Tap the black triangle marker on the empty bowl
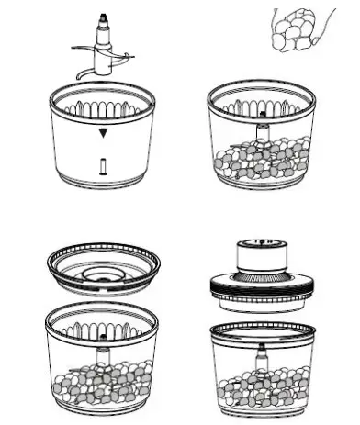[104, 133]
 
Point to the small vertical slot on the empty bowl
[103, 166]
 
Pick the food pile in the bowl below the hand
[261, 157]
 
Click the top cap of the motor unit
[263, 248]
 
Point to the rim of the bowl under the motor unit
[263, 328]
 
